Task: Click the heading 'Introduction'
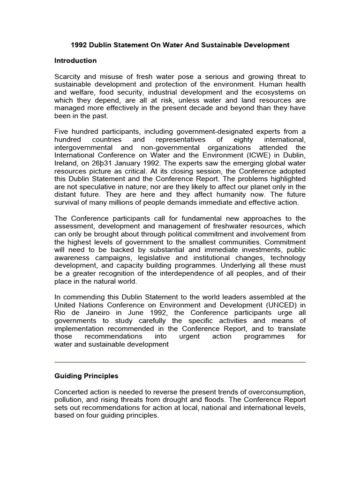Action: coord(75,60)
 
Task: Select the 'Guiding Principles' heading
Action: coord(86,376)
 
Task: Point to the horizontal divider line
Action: coord(180,362)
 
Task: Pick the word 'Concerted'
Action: coord(72,391)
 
